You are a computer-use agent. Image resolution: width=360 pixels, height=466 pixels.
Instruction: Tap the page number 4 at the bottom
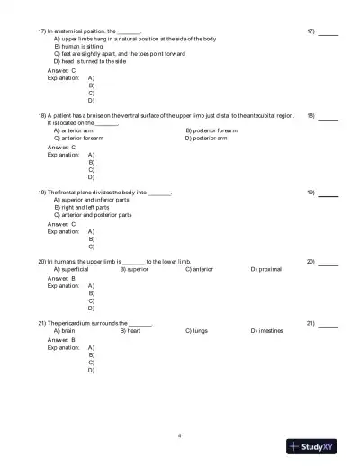pyautogui.click(x=180, y=435)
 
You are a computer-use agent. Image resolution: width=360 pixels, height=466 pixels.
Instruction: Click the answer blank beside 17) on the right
pyautogui.click(x=328, y=32)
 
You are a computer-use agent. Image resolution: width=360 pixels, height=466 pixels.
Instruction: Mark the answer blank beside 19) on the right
pyautogui.click(x=328, y=193)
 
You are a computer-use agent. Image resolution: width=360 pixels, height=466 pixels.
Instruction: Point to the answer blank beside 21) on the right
pyautogui.click(x=328, y=323)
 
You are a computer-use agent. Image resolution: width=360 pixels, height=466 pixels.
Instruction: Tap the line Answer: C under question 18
pyautogui.click(x=61, y=147)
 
